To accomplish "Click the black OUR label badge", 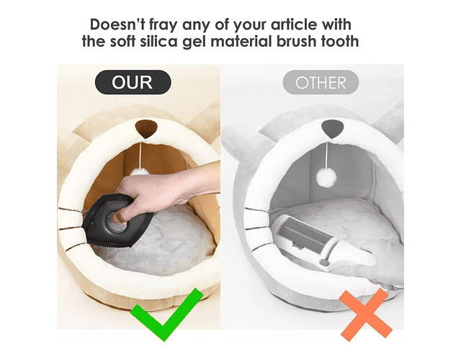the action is point(133,82).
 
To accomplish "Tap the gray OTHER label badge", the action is point(321,82).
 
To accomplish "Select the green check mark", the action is point(166,315).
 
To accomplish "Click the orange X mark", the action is point(366,315).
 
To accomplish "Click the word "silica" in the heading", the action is point(158,41).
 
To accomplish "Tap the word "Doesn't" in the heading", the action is point(117,24).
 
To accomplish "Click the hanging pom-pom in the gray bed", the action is point(326,177).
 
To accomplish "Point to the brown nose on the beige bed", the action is point(146,129).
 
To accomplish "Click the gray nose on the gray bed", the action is point(333,129).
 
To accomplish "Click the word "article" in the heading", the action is point(294,24).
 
